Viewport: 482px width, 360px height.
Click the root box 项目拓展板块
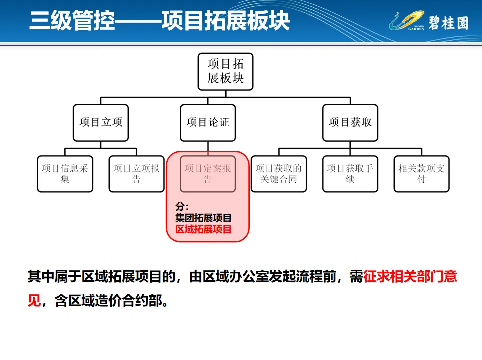[x=225, y=72]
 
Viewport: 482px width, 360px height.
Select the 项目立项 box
[x=101, y=122]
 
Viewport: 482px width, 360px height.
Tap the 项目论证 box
[x=208, y=122]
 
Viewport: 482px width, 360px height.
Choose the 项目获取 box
[x=350, y=122]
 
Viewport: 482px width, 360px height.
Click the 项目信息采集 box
[x=65, y=174]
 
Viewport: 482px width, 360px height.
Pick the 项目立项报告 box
[x=136, y=174]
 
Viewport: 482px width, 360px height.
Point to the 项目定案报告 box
[x=208, y=174]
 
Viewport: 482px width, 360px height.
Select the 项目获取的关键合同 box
[x=279, y=174]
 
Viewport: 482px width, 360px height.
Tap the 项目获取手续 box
[x=350, y=174]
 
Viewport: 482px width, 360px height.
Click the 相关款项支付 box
[x=421, y=174]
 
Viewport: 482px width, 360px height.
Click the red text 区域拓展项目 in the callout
[x=203, y=230]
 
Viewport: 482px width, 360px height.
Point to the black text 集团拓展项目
[x=203, y=218]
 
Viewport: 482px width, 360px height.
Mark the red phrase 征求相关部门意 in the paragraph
[x=410, y=277]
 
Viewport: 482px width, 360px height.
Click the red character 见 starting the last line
[x=34, y=302]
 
